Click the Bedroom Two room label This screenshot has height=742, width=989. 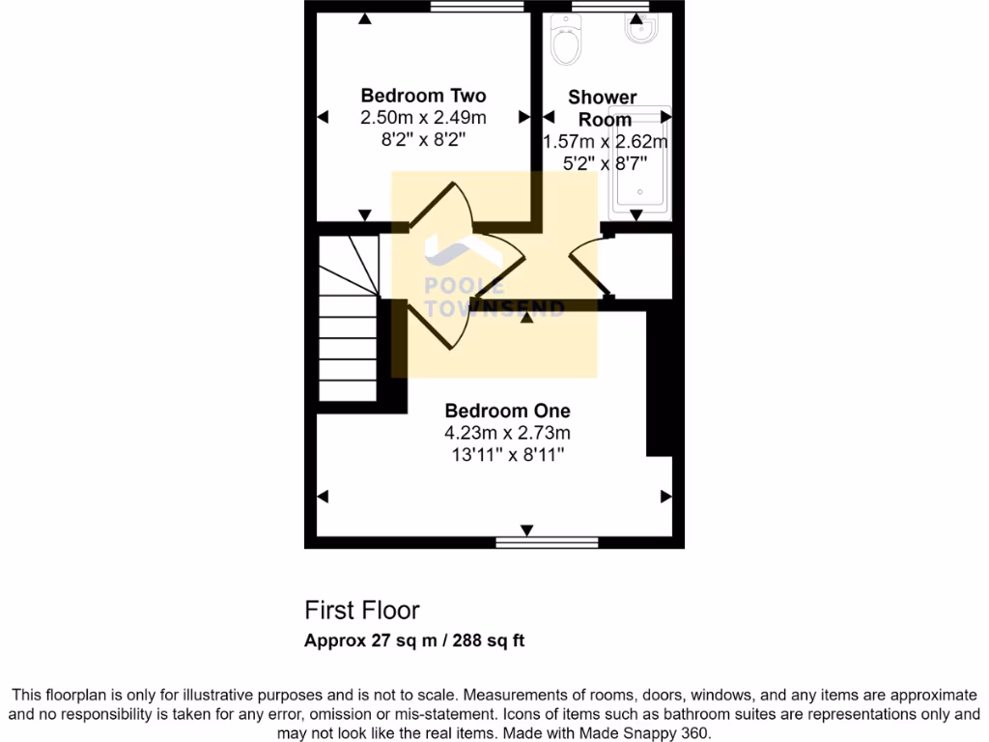(x=423, y=96)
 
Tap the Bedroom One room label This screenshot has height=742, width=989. (x=507, y=411)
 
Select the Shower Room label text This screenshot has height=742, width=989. (x=603, y=108)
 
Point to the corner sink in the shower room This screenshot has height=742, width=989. (x=641, y=32)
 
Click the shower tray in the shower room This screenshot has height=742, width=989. (x=638, y=159)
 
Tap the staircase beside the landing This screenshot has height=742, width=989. (x=348, y=319)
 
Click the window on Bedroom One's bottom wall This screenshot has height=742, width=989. (x=527, y=543)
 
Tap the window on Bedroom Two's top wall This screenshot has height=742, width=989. (x=477, y=7)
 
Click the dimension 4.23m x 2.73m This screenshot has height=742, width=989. (x=507, y=432)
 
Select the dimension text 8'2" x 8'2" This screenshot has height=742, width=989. (x=423, y=138)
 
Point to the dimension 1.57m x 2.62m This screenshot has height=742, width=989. (x=606, y=142)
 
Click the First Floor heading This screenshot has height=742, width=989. (x=362, y=611)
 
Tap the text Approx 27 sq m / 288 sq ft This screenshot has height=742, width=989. (x=414, y=641)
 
